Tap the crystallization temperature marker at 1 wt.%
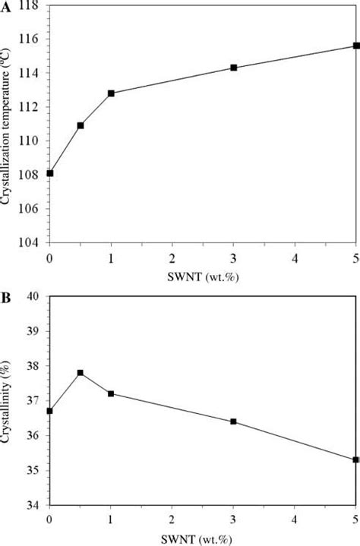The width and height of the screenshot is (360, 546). tap(111, 93)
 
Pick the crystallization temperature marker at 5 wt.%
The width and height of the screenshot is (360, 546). tap(355, 46)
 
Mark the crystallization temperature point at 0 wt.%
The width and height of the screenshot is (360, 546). tap(50, 173)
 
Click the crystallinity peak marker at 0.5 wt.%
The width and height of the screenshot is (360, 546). tap(81, 373)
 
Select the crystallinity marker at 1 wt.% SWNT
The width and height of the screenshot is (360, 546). tap(111, 393)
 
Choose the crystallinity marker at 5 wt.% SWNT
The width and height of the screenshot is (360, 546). tap(355, 459)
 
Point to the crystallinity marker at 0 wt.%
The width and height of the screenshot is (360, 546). tap(50, 411)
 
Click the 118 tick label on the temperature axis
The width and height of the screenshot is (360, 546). tap(33, 5)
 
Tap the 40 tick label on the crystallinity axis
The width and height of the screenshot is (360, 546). tap(37, 296)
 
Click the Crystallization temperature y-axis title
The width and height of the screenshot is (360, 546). tap(8, 125)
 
